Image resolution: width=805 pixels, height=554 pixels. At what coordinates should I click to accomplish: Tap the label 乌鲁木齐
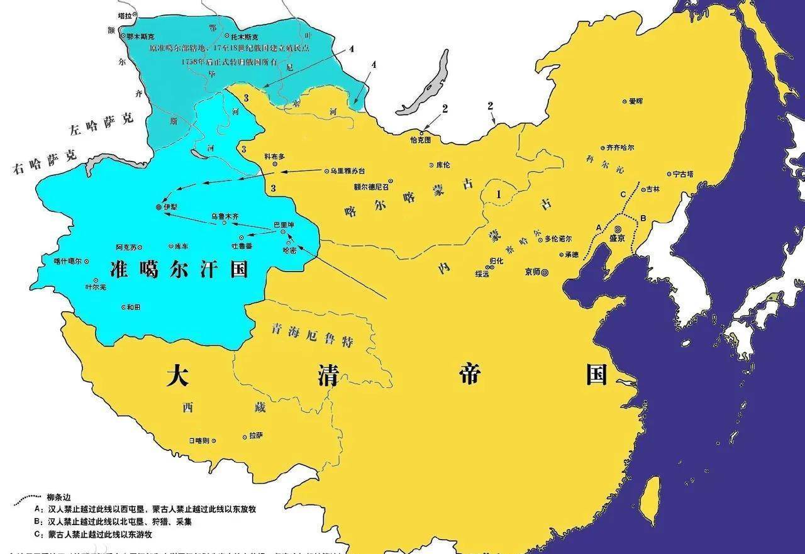[225, 216]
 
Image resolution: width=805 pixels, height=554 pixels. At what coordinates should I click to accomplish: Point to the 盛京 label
[618, 239]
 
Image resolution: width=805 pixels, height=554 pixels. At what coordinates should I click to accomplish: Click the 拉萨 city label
[255, 435]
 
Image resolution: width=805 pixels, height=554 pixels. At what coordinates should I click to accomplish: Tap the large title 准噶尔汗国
[177, 269]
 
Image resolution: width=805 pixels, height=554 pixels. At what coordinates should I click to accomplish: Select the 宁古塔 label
[683, 174]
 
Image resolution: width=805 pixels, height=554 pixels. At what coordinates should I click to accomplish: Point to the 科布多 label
[275, 155]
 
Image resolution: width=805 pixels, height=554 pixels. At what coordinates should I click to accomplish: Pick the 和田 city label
[133, 307]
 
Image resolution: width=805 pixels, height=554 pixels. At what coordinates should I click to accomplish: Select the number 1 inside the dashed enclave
[499, 194]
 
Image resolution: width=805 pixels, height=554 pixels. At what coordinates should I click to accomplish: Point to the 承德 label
[571, 255]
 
